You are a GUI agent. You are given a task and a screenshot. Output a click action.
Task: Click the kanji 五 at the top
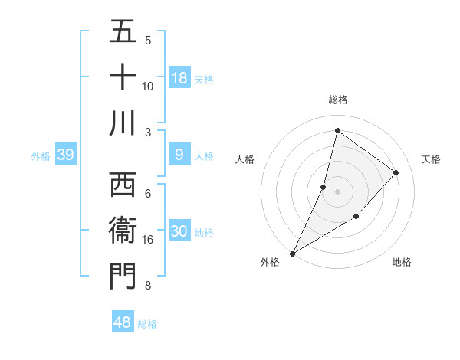(x=123, y=32)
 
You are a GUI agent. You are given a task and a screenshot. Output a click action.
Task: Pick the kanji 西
(x=123, y=185)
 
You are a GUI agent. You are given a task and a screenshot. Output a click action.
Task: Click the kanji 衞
(x=123, y=231)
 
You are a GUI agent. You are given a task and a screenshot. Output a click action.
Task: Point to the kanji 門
(x=123, y=276)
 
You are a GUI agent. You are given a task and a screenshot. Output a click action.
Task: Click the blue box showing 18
(x=179, y=78)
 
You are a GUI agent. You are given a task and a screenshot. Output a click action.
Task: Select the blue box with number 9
(x=179, y=155)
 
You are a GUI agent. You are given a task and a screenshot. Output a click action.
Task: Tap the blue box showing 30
(x=179, y=232)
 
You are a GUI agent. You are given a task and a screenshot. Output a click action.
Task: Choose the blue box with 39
(x=65, y=155)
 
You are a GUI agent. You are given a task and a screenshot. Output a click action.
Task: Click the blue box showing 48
(x=123, y=322)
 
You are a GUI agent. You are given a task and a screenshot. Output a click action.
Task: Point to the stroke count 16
(x=149, y=240)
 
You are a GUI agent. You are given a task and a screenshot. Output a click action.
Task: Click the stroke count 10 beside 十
(x=148, y=86)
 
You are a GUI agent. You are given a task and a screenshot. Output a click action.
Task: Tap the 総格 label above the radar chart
(x=338, y=100)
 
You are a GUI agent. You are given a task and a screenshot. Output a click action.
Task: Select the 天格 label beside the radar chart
(x=432, y=159)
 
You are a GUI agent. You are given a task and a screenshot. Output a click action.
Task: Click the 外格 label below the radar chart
(x=270, y=262)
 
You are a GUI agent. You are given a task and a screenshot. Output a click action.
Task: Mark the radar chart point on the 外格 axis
(x=292, y=253)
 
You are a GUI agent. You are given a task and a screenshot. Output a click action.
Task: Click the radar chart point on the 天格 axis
(x=396, y=172)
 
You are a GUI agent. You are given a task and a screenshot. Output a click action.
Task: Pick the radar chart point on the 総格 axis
(x=337, y=130)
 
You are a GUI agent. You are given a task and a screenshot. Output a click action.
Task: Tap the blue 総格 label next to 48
(x=147, y=324)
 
